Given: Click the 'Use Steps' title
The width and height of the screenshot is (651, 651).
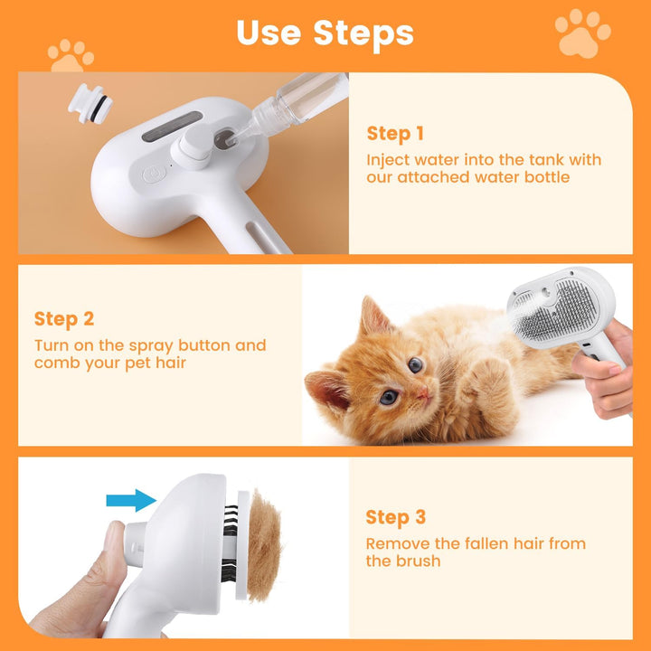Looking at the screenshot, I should (x=325, y=33).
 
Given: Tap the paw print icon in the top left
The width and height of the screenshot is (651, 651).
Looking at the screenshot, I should (x=71, y=55).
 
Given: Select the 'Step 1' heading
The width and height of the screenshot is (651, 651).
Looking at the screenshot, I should (x=395, y=134).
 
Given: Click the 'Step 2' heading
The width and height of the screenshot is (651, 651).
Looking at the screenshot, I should (x=64, y=318).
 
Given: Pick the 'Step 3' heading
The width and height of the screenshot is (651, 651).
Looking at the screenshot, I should (x=395, y=517).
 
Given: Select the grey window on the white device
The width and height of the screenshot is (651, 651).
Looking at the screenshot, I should (x=172, y=126).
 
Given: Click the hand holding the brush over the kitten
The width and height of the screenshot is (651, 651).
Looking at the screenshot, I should (x=609, y=371).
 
